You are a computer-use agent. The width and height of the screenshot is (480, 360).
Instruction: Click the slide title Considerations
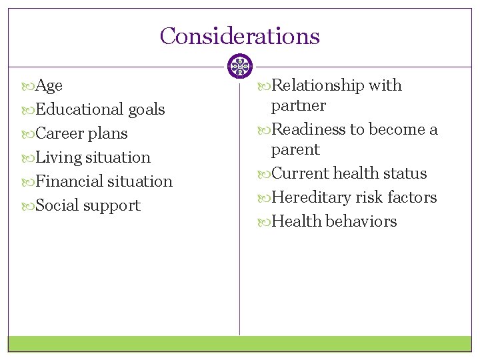pyautogui.click(x=239, y=36)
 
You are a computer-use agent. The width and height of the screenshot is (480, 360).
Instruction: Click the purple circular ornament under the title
pyautogui.click(x=239, y=67)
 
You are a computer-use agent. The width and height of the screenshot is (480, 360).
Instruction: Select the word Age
pyautogui.click(x=49, y=86)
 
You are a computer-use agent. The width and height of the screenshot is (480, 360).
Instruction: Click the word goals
pyautogui.click(x=147, y=109)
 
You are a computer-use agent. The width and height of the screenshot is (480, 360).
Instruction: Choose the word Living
pyautogui.click(x=59, y=158)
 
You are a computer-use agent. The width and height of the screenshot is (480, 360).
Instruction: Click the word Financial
pyautogui.click(x=70, y=181)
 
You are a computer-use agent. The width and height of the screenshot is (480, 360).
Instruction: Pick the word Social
pyautogui.click(x=57, y=205)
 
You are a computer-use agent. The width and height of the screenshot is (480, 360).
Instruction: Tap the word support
pyautogui.click(x=111, y=206)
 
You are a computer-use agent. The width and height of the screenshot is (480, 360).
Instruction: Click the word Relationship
pyautogui.click(x=318, y=86)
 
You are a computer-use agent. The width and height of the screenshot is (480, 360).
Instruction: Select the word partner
pyautogui.click(x=298, y=106)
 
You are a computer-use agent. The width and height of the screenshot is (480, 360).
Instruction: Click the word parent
pyautogui.click(x=295, y=150)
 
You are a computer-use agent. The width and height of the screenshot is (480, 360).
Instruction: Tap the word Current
pyautogui.click(x=301, y=173)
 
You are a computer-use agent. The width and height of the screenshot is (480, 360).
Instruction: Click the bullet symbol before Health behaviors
pyautogui.click(x=265, y=222)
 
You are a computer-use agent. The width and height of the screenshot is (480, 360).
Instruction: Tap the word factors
pyautogui.click(x=413, y=197)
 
